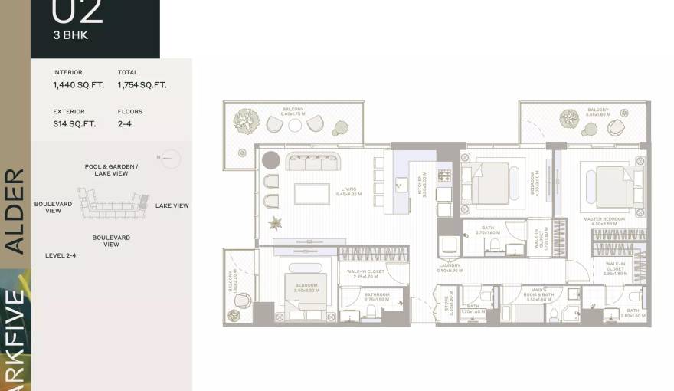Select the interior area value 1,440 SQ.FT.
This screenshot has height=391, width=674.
coord(71,85)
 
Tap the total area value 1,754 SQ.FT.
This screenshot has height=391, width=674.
coord(142,85)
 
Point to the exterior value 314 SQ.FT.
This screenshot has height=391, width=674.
coord(74,123)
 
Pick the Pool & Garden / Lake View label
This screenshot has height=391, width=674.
coord(111,170)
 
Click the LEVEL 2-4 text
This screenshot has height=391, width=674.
coord(61,255)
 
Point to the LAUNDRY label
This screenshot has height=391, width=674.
coord(449,267)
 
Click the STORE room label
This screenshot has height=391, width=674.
coord(451,305)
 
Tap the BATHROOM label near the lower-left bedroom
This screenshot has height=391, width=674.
coord(378,296)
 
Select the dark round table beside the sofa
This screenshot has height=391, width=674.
coord(271,159)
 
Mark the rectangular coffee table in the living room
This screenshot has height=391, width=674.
coord(312,193)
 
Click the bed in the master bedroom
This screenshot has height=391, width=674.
coord(613,186)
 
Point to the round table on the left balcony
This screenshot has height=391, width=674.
coord(294,125)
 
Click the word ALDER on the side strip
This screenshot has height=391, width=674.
coord(15,211)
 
